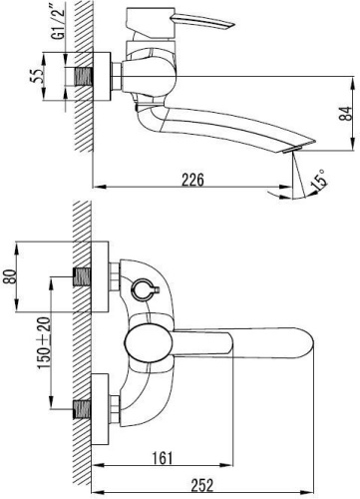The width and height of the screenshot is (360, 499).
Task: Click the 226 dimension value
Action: [x=192, y=180]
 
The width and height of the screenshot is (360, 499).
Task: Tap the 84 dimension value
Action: [x=346, y=114]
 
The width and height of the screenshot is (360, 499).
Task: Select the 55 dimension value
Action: [x=36, y=76]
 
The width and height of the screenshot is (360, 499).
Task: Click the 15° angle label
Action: [x=319, y=180]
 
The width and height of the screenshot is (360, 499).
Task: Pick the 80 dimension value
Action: [x=10, y=276]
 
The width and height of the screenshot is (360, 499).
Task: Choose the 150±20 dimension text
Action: [x=45, y=343]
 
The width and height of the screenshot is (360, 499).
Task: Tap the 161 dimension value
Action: [x=163, y=458]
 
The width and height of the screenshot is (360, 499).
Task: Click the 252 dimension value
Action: [x=202, y=485]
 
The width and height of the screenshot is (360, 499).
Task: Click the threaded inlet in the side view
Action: [x=83, y=76]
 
